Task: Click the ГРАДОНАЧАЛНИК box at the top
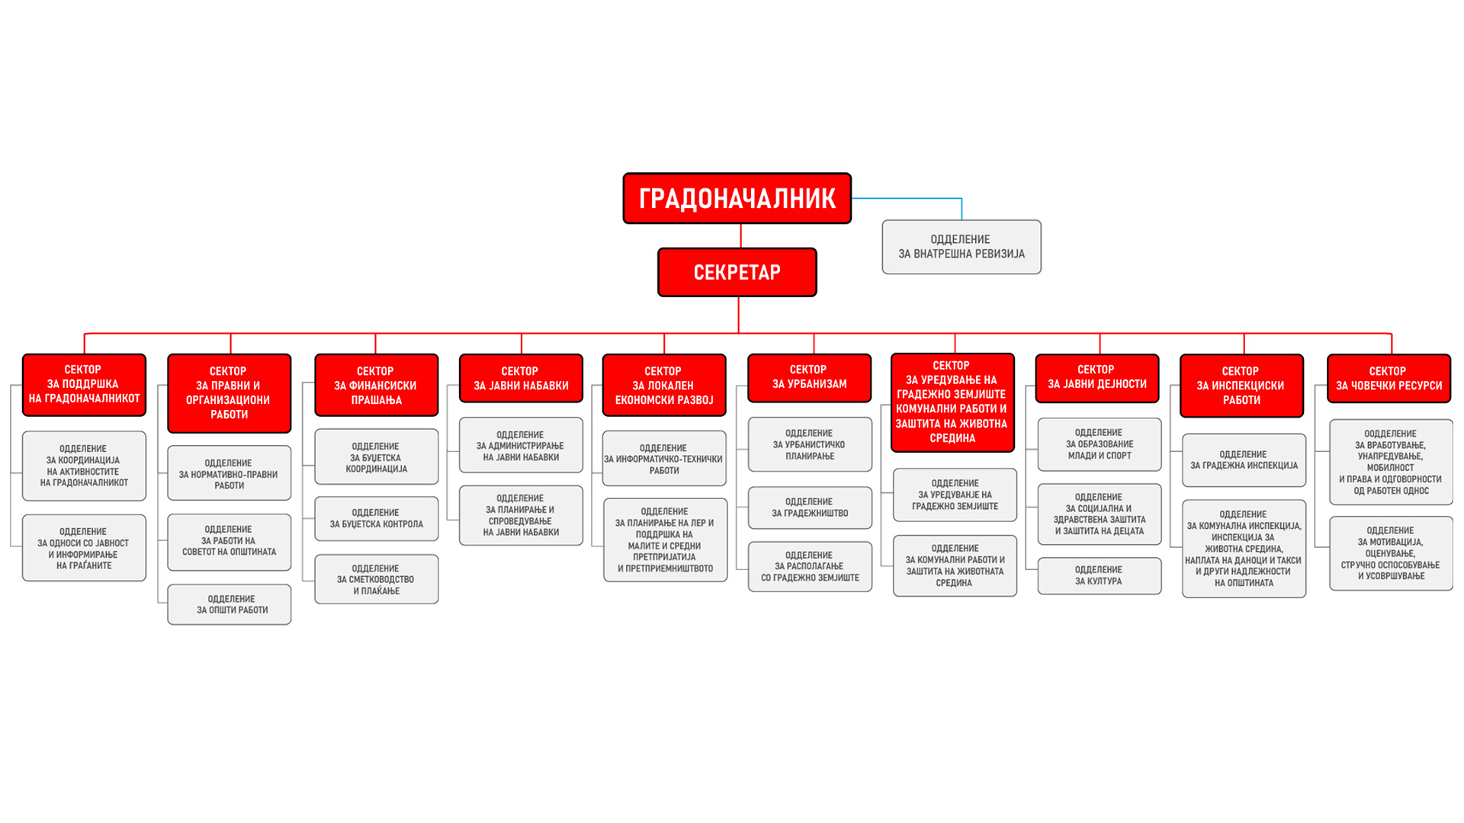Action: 737,198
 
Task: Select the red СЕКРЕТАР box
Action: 737,272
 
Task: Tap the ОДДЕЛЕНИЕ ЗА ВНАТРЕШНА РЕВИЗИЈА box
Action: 961,247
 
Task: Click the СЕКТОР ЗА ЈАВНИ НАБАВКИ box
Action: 521,378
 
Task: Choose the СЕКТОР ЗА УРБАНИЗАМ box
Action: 809,377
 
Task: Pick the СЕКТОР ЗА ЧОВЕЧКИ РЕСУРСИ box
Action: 1389,378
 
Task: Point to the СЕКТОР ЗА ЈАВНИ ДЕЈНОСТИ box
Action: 1096,377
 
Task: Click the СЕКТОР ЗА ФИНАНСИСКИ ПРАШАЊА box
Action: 376,385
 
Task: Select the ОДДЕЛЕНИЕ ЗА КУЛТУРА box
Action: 1099,575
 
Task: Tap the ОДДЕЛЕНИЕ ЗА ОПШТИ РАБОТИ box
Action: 230,604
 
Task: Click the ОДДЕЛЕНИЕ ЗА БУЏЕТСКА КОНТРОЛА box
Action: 376,519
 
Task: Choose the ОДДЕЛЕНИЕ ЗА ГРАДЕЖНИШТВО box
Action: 810,508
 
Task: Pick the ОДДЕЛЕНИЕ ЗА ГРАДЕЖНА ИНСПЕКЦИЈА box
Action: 1244,460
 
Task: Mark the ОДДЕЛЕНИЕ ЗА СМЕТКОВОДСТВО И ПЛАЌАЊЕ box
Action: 376,579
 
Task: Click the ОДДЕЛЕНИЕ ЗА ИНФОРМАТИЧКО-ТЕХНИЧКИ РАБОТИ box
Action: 664,459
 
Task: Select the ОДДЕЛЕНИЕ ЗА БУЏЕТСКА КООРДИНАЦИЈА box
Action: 376,457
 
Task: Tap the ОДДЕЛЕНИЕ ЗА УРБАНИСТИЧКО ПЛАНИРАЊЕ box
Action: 810,444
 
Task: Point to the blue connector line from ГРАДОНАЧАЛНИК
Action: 907,198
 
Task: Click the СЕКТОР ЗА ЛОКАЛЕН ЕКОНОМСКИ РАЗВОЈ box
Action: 664,385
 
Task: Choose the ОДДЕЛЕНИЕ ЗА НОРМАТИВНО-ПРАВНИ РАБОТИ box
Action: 230,473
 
